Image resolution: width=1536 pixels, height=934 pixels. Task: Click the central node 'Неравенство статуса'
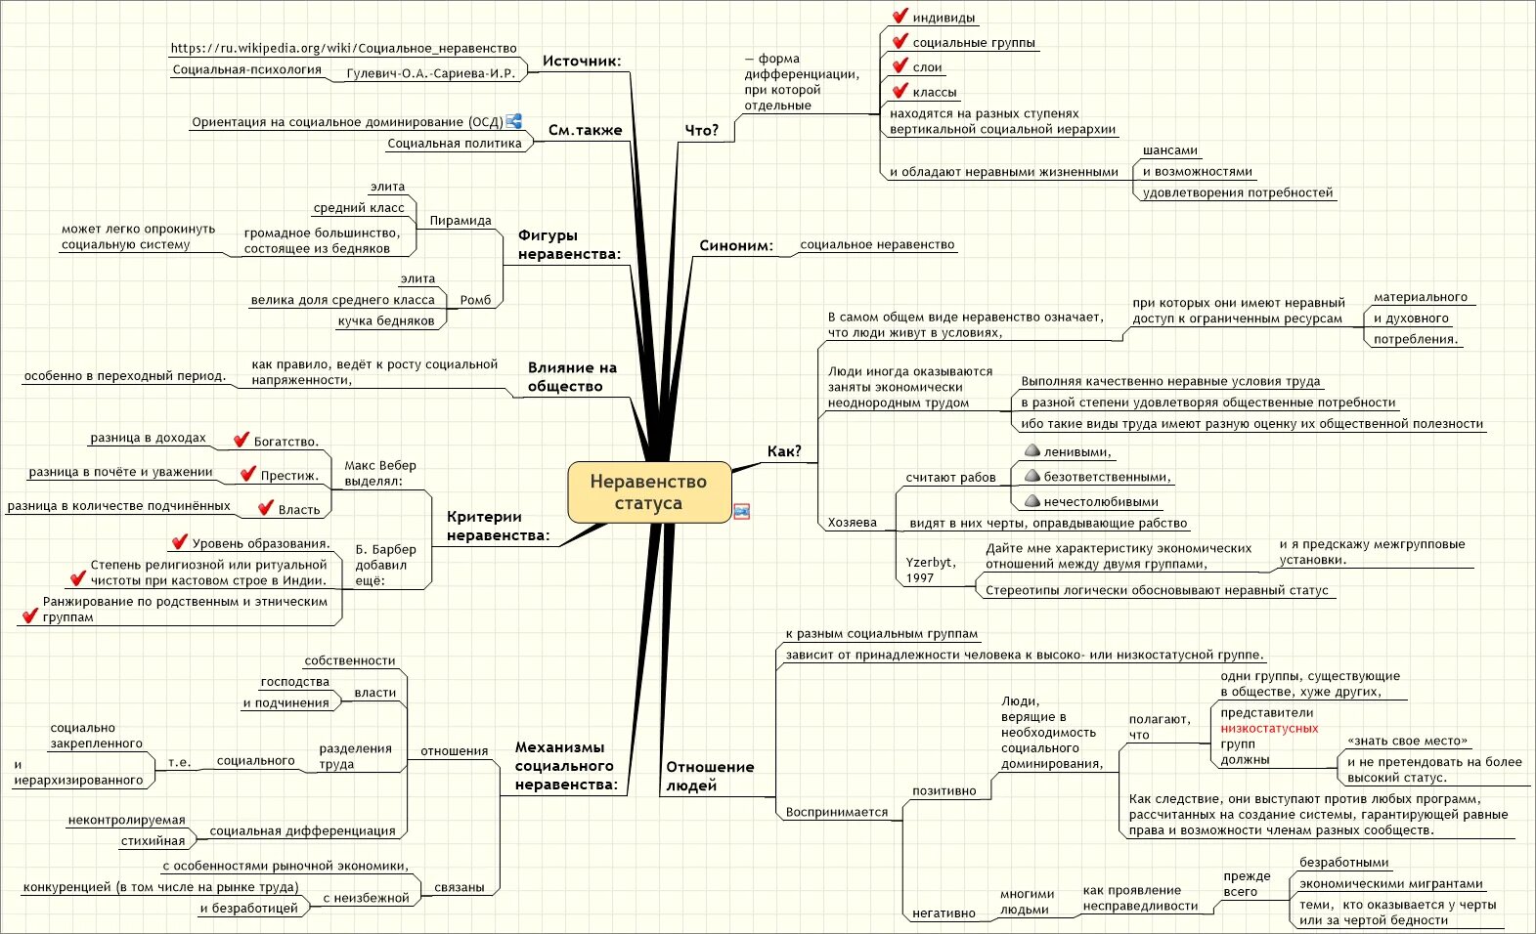[x=648, y=492]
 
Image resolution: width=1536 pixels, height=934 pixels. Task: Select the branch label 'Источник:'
[x=582, y=61]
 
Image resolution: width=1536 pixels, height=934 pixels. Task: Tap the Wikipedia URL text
[x=343, y=48]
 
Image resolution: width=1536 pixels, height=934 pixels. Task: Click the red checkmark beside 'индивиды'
[x=900, y=17]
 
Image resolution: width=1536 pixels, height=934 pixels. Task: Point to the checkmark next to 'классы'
[x=900, y=91]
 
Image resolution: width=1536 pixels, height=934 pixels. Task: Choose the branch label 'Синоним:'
[x=735, y=245]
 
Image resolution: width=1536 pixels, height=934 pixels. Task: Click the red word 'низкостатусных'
[x=1269, y=728]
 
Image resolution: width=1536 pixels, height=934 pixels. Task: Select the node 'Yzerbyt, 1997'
[x=930, y=570]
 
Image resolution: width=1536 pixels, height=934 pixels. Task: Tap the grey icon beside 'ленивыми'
[x=1031, y=451]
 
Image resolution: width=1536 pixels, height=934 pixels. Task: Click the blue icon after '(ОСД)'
[x=514, y=121]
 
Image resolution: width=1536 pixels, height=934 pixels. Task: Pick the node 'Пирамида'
[x=461, y=221]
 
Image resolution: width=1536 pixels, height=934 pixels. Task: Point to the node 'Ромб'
[x=475, y=300]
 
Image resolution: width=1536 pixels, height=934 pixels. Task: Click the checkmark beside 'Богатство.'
[x=241, y=441]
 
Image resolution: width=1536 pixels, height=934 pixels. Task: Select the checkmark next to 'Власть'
[x=266, y=508]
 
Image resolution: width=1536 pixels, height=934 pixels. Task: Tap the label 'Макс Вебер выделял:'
[x=380, y=473]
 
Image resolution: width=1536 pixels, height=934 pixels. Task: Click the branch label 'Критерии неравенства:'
[x=498, y=526]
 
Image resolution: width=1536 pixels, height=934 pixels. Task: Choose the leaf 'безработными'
[x=1343, y=863]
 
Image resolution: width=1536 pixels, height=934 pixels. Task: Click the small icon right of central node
[x=742, y=511]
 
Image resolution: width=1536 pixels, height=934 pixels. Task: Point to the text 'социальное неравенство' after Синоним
[x=877, y=245]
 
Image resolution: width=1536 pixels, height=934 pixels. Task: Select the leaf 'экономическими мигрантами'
[x=1390, y=884]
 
